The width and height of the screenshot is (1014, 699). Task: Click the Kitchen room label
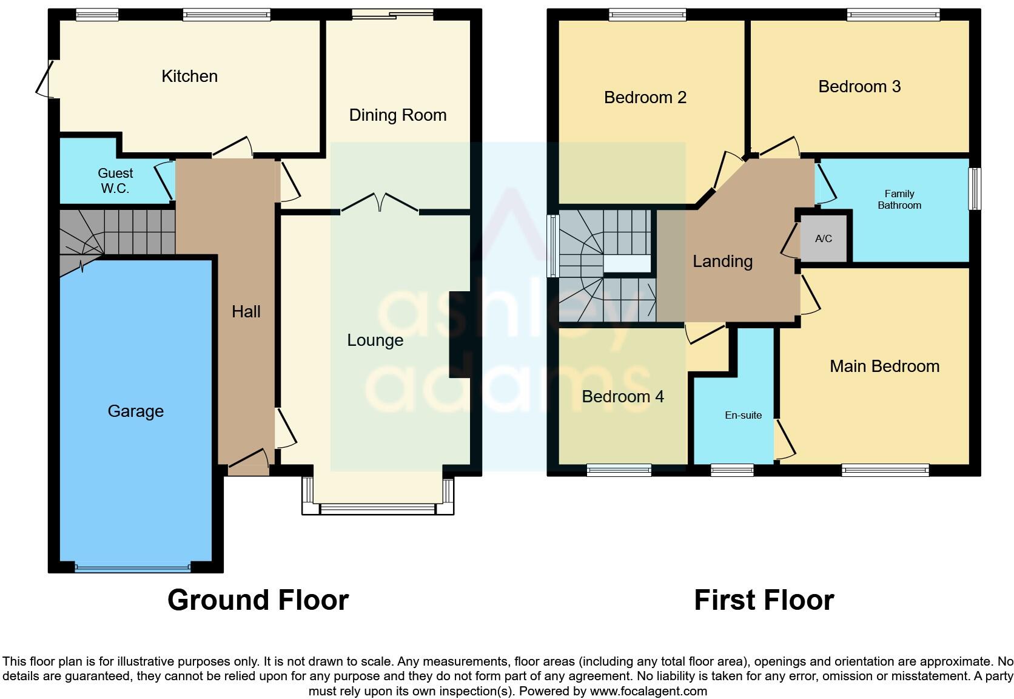pyautogui.click(x=189, y=76)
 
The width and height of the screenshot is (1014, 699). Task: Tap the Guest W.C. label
pyautogui.click(x=115, y=181)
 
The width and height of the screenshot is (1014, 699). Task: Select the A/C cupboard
pyautogui.click(x=823, y=238)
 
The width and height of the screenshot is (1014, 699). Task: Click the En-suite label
pyautogui.click(x=743, y=415)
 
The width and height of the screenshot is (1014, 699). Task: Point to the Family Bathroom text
pyautogui.click(x=899, y=200)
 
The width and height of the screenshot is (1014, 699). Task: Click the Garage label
pyautogui.click(x=135, y=411)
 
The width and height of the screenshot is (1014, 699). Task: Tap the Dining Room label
pyautogui.click(x=397, y=115)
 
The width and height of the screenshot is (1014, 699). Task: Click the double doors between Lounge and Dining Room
pyautogui.click(x=380, y=203)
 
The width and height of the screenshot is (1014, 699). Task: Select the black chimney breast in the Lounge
pyautogui.click(x=459, y=335)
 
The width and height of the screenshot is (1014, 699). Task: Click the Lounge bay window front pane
pyautogui.click(x=377, y=509)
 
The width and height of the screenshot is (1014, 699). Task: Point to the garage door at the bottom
pyautogui.click(x=132, y=569)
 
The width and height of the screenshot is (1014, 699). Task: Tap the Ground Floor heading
pyautogui.click(x=258, y=600)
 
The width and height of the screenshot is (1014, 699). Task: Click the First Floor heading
pyautogui.click(x=764, y=600)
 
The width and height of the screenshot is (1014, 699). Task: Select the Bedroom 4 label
pyautogui.click(x=622, y=397)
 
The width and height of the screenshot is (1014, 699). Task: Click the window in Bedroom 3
pyautogui.click(x=893, y=15)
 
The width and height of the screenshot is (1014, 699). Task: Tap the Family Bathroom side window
pyautogui.click(x=974, y=189)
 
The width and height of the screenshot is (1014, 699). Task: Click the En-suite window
pyautogui.click(x=731, y=470)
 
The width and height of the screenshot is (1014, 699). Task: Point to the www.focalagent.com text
pyautogui.click(x=648, y=691)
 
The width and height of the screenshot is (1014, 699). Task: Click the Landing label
pyautogui.click(x=722, y=262)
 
